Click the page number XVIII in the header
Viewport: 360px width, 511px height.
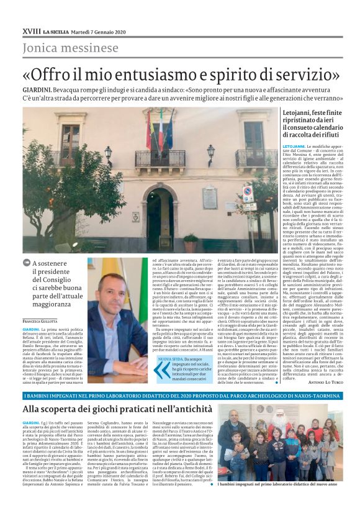tap(30, 14)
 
